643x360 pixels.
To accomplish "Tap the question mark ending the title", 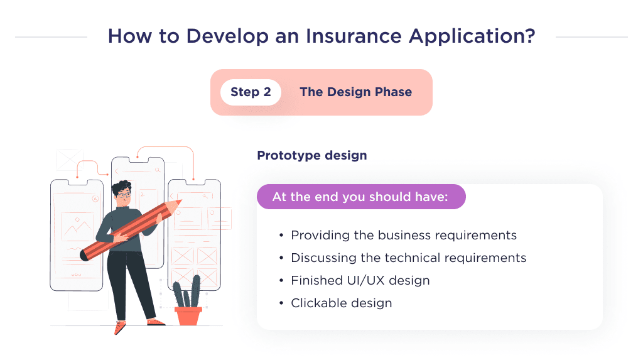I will tap(530, 36).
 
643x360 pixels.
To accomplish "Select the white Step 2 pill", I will tap(251, 92).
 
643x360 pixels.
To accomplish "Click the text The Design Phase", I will tap(355, 92).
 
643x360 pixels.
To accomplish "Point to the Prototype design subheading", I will tap(311, 155).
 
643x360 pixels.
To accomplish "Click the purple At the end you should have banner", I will tap(360, 197).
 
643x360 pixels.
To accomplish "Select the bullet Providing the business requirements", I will tap(403, 235).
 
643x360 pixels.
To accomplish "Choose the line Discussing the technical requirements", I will tap(408, 258).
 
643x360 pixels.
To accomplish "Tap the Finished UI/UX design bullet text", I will tap(360, 280).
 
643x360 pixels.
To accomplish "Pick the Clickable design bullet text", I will tap(341, 303).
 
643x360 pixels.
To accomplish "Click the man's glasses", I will tap(124, 195).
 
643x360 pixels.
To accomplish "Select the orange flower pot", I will tap(188, 315).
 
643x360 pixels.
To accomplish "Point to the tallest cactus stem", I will tap(195, 290).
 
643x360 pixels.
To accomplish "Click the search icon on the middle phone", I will tap(158, 170).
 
